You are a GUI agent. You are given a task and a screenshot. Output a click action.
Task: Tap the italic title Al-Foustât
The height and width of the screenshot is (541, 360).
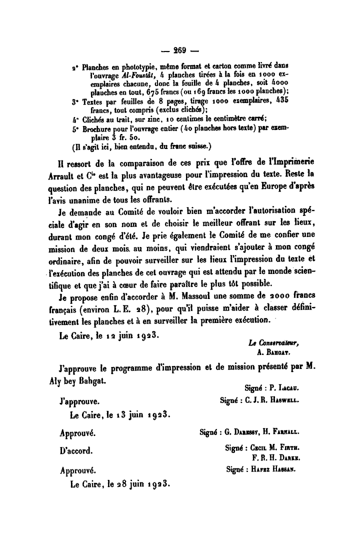pyautogui.click(x=138, y=74)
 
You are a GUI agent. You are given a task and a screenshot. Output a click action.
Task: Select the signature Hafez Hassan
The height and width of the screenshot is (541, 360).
pyautogui.click(x=274, y=469)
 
